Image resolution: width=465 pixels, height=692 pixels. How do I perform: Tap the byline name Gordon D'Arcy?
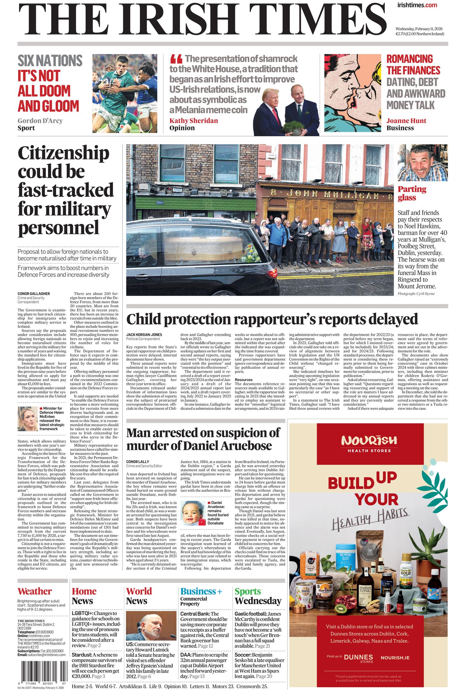(x=40, y=121)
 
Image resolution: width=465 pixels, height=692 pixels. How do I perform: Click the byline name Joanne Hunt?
(x=406, y=121)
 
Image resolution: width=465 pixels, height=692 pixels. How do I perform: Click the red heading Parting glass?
(x=412, y=193)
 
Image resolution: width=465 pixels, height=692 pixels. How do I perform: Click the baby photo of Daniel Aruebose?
(x=193, y=513)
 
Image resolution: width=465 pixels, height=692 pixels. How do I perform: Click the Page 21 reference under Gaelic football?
(x=262, y=646)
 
